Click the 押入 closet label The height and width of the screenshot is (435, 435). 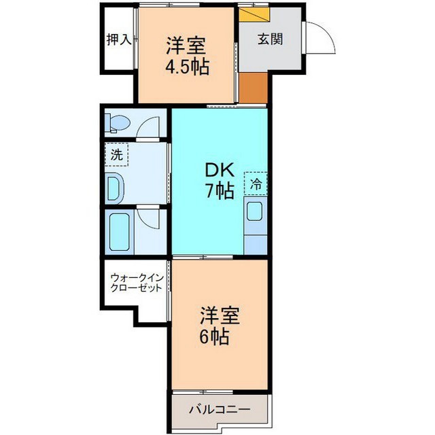pos(119,39)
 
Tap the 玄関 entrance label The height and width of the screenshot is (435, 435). pos(271,39)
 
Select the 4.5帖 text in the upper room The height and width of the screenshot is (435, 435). pos(187,67)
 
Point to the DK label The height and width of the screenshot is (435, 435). pos(220,171)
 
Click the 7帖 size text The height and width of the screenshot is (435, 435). pos(220,191)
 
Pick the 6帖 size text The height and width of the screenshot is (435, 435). pos(215,336)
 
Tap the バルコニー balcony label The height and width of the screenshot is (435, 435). pos(220,409)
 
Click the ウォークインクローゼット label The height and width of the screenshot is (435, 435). pos(136,283)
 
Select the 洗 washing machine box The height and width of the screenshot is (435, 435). pos(116,154)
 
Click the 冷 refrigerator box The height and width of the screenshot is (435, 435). pos(256,184)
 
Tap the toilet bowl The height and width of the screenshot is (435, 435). pos(119,123)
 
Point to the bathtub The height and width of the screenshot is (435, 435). pos(120,232)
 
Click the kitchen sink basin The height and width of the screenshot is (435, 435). pos(255,211)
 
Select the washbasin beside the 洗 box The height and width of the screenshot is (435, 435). pos(114,189)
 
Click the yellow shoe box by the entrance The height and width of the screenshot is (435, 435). pos(254,14)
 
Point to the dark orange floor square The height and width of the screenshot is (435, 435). pos(254,88)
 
